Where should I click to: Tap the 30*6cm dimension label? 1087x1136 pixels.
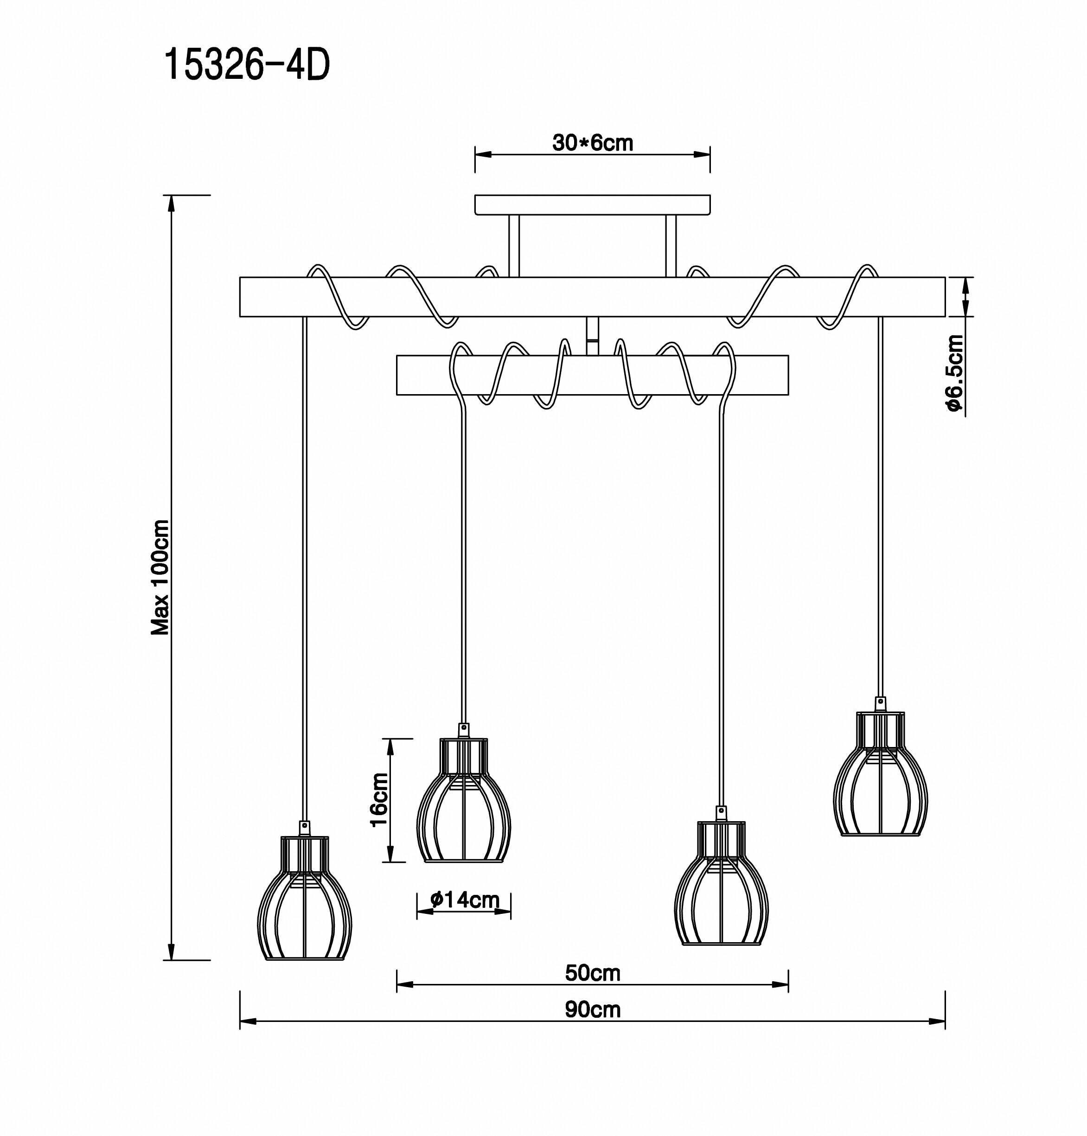point(592,142)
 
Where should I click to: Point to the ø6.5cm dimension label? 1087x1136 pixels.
point(954,373)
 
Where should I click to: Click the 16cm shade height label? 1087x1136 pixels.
point(379,800)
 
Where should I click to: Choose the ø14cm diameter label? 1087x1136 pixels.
point(465,899)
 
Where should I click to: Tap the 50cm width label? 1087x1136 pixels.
point(592,973)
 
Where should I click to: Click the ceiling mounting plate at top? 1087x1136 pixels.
point(592,205)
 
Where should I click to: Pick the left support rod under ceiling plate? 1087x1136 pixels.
point(514,246)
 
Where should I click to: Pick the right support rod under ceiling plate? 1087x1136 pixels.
point(671,246)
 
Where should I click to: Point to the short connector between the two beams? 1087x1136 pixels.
point(592,336)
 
